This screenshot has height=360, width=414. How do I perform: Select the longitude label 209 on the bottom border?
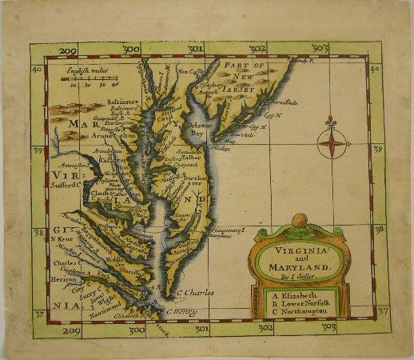71,330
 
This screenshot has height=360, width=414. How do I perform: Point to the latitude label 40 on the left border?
36,70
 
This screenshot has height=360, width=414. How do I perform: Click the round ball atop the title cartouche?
298,220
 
